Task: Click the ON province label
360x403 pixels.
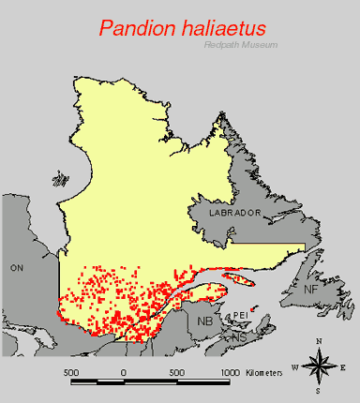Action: tap(16, 268)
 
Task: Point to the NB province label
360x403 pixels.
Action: tap(205, 321)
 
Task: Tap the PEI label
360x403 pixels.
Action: tap(238, 316)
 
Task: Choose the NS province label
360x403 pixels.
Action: tap(240, 336)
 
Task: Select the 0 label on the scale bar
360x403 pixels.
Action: tap(124, 372)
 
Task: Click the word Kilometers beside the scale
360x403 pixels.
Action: tap(264, 373)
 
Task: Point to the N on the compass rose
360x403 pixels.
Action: tap(320, 341)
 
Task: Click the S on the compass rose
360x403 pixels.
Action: tap(320, 391)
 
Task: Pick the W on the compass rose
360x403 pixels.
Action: tap(296, 366)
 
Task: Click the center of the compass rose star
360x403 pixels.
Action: tap(320, 366)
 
